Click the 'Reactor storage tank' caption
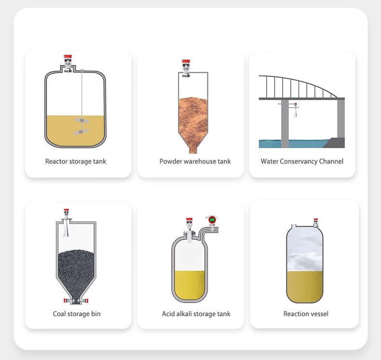(76, 161)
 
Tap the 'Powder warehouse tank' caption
(195, 161)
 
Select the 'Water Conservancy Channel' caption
(302, 161)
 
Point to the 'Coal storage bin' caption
(77, 314)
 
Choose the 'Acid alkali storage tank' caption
(196, 314)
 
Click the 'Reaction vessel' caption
(306, 314)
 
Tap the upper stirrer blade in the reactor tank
(82, 121)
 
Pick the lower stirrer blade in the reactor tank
(81, 132)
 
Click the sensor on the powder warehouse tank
(186, 69)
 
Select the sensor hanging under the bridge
(296, 110)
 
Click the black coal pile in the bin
(76, 275)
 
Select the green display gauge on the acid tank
(212, 220)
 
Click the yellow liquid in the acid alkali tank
(190, 285)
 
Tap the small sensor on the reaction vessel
(315, 223)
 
